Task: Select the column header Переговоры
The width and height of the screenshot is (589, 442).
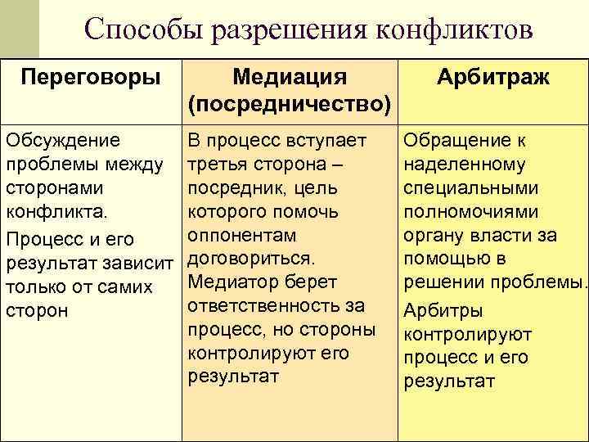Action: pyautogui.click(x=91, y=78)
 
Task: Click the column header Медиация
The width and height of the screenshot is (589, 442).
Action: pyautogui.click(x=290, y=78)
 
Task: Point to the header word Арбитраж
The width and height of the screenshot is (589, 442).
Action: pyautogui.click(x=493, y=78)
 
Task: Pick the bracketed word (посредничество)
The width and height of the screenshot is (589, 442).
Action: pyautogui.click(x=289, y=104)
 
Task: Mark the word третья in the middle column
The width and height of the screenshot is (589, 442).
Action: pyautogui.click(x=215, y=164)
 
